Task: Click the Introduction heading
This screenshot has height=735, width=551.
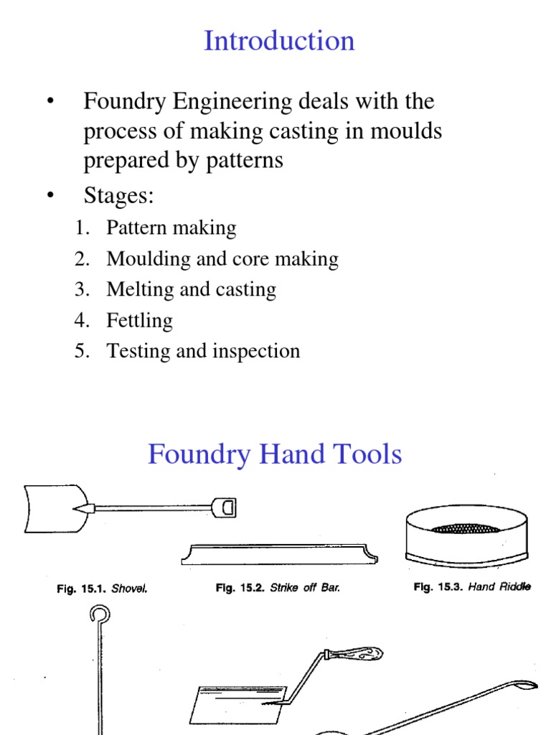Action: point(279,41)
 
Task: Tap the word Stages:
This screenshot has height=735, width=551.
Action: point(119,195)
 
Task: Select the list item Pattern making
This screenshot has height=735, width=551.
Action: point(171,228)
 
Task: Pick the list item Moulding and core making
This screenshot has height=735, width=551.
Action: point(222,259)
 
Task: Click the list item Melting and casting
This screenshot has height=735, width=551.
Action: point(191,290)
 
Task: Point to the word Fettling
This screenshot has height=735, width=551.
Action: point(139,320)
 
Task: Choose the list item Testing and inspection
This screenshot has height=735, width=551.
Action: point(203,351)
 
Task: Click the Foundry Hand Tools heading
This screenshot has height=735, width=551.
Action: point(275,454)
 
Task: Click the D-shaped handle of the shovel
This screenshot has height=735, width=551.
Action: point(225,508)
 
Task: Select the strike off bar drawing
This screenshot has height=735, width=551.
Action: point(279,555)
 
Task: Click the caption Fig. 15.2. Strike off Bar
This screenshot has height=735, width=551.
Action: point(278,588)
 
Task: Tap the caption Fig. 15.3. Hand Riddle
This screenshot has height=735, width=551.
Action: point(472,587)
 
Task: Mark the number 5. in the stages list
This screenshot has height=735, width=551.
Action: point(82,351)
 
